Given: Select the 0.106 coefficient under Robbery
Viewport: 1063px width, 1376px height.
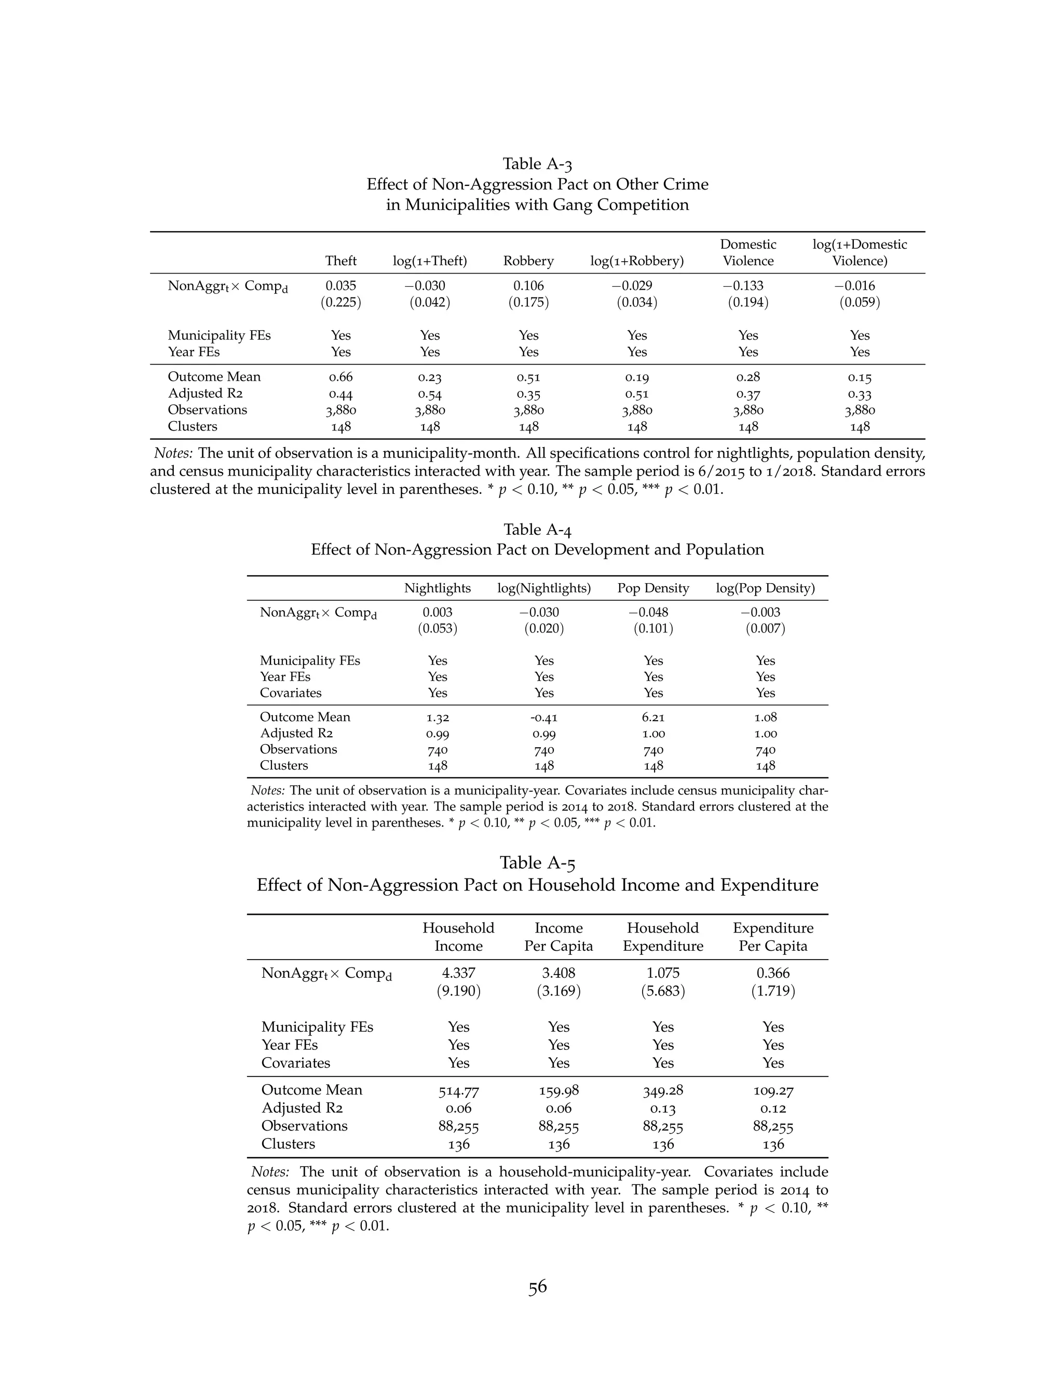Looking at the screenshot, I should coord(528,286).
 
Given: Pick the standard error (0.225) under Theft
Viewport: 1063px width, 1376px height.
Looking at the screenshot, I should coord(340,302).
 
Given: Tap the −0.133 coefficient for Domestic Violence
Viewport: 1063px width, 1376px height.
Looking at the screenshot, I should coord(748,286).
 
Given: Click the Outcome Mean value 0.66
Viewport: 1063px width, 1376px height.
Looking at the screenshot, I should coord(340,377).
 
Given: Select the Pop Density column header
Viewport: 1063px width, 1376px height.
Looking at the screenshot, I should coord(653,588).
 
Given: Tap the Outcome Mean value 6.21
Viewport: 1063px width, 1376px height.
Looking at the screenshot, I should coord(653,717).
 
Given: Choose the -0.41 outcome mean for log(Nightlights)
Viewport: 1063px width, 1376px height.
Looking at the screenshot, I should coord(543,717).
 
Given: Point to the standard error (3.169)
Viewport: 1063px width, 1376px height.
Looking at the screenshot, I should coord(558,991).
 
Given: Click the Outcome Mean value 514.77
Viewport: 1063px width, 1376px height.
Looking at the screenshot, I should coord(458,1090).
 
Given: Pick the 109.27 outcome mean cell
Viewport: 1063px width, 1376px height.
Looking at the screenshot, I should coord(773,1090).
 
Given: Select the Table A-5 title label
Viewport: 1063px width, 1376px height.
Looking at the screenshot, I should coord(537,862).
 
